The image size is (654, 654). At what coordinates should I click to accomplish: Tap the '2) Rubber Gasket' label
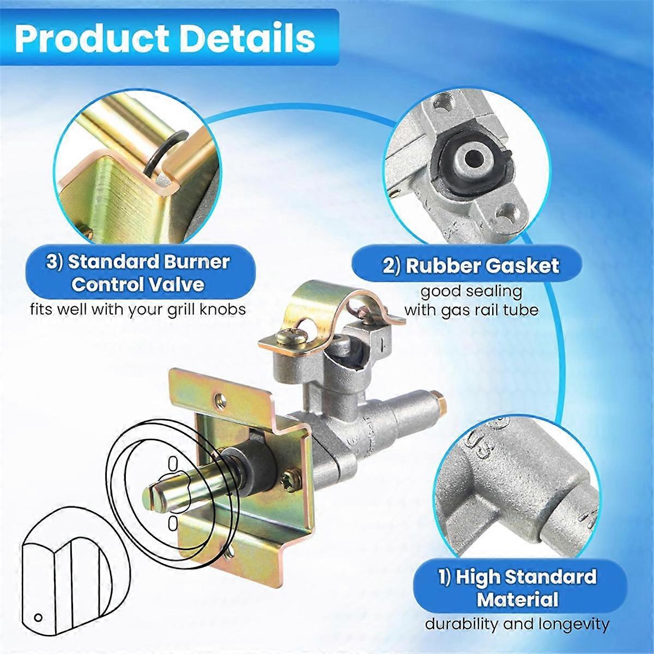470,265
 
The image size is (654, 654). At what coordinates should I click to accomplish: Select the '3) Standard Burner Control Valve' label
138,272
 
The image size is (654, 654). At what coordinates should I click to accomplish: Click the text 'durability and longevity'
517,623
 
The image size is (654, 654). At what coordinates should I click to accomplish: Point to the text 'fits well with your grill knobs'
137,309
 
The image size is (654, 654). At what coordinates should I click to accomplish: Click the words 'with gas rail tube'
471,310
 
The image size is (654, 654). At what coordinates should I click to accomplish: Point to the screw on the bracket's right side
288,482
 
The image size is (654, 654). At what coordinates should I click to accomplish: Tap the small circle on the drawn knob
38,616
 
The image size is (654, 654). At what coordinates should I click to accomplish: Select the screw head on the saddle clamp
284,338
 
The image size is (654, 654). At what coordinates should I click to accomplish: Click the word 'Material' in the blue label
517,599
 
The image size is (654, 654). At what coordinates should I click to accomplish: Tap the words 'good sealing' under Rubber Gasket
471,292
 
